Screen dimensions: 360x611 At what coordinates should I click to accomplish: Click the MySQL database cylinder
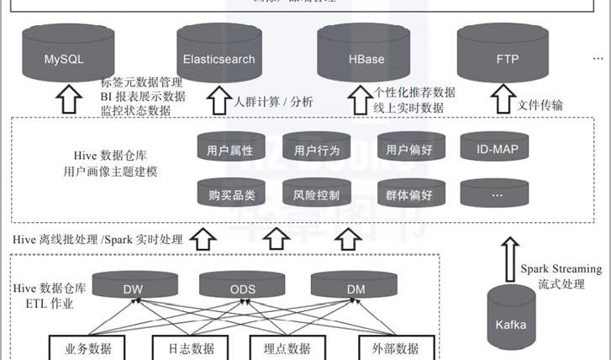point(64,58)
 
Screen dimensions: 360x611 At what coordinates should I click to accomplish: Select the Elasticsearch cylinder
point(219,58)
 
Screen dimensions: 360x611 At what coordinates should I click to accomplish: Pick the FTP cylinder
point(508,58)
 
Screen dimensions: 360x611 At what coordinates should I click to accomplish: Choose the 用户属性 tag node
point(229,151)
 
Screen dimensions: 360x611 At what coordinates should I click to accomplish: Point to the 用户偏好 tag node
point(409,151)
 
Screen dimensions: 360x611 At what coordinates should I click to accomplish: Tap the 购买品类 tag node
point(229,195)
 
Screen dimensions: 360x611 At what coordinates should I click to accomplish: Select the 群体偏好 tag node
point(409,195)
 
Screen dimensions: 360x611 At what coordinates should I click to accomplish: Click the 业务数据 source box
point(87,348)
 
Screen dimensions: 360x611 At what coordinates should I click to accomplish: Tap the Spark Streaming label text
point(561,269)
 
